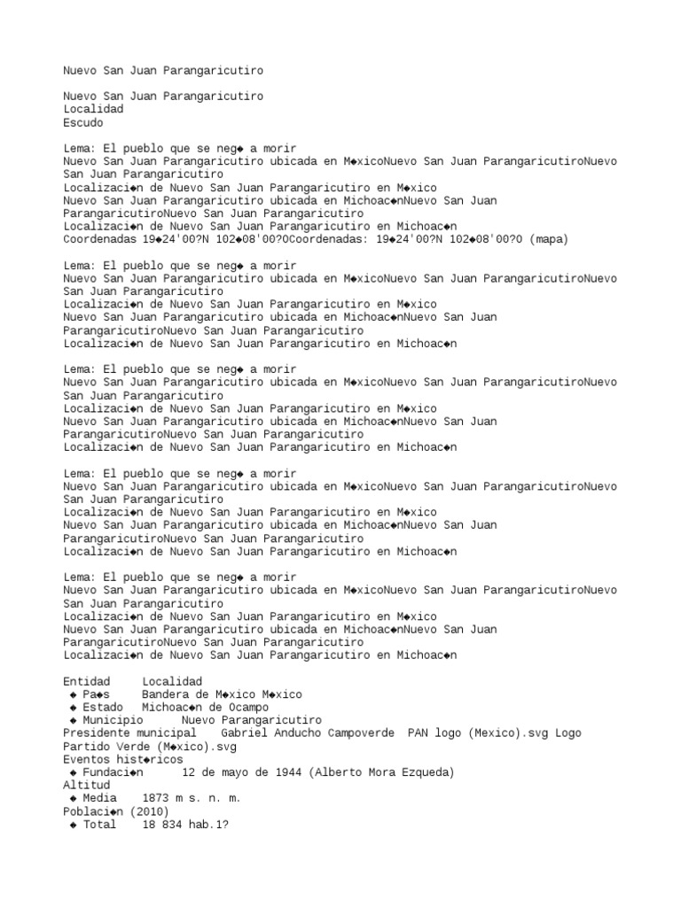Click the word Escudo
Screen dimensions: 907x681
(83, 123)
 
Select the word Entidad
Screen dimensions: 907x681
(87, 682)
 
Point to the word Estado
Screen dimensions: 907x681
(103, 709)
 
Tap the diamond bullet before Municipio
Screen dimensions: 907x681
(73, 721)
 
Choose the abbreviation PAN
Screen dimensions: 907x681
(418, 734)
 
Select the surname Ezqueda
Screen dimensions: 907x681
(427, 773)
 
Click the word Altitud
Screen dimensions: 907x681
(87, 786)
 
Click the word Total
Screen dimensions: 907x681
(99, 825)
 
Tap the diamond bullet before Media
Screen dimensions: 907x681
(73, 799)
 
